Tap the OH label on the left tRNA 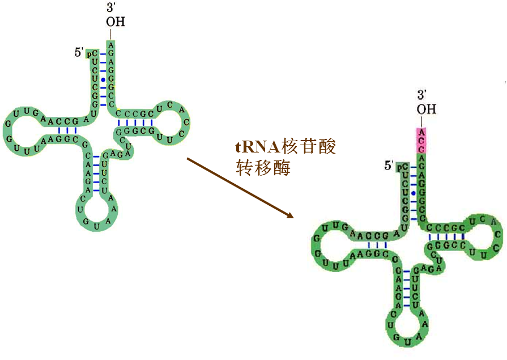(x=115, y=22)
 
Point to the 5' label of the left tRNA (x=79, y=53)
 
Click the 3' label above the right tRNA (x=423, y=95)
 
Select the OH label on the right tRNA (x=427, y=109)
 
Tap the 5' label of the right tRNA (x=389, y=166)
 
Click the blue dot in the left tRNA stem (x=103, y=80)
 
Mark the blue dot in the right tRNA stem (x=414, y=193)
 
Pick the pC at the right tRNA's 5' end (x=403, y=167)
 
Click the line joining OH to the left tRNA (x=112, y=33)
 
